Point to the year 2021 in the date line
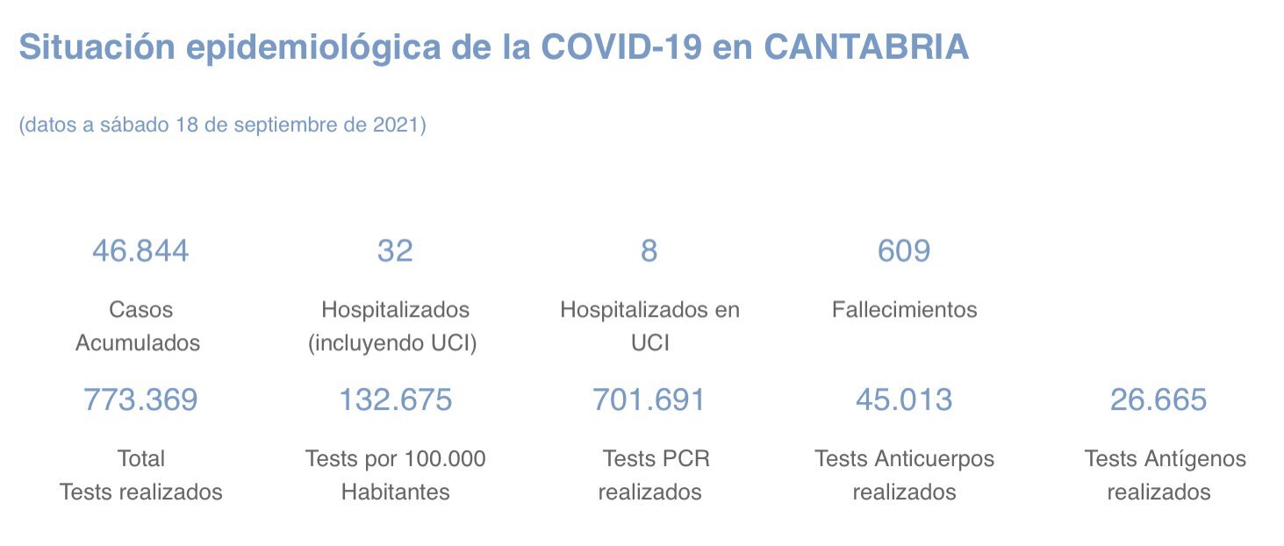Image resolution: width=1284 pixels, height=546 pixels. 396,125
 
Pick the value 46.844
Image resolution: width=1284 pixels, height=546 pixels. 140,252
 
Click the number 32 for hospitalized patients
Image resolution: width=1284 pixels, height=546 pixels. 395,252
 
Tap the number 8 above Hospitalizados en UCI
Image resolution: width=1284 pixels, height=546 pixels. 649,252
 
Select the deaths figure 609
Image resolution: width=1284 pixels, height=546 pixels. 904,252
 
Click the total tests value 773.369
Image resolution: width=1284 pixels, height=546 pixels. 140,400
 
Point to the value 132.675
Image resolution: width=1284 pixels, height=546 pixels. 395,400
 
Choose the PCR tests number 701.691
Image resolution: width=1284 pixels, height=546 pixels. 649,400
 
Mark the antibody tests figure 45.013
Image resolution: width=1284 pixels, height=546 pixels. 904,400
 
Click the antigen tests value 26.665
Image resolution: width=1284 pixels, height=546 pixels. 1158,400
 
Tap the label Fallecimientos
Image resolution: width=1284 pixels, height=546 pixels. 904,310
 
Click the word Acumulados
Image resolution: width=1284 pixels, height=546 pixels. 138,343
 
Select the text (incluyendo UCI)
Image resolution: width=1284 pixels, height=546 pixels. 392,343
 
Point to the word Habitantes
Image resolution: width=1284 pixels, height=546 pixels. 395,492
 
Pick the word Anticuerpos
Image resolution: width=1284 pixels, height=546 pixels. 935,459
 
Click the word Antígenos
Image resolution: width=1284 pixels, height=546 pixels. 1195,459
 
